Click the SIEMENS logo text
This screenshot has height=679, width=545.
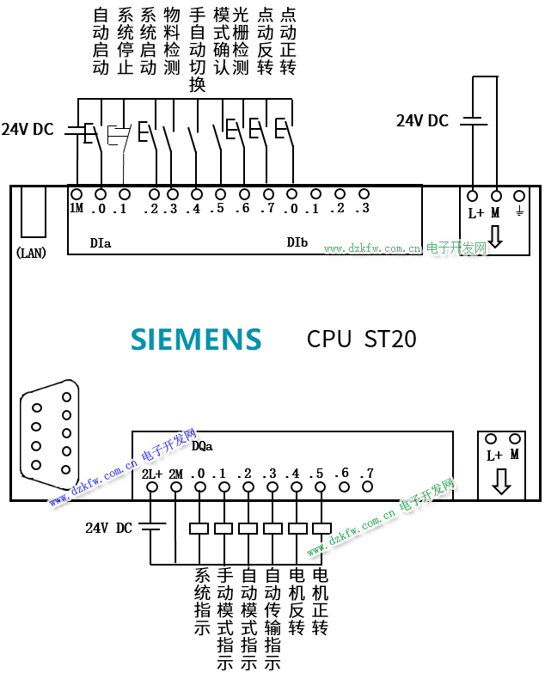pyautogui.click(x=196, y=339)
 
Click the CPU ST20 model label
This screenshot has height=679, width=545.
pyautogui.click(x=361, y=339)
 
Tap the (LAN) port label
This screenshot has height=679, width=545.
pyautogui.click(x=31, y=253)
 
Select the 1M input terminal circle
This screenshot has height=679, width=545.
pyautogui.click(x=77, y=194)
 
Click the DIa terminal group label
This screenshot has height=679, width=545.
pyautogui.click(x=101, y=243)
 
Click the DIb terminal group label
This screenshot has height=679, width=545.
pyautogui.click(x=297, y=243)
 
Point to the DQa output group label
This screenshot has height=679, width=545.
pyautogui.click(x=202, y=446)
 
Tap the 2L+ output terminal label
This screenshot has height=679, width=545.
pyautogui.click(x=152, y=474)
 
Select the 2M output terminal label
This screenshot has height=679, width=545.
pyautogui.click(x=176, y=474)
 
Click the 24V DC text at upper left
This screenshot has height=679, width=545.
pyautogui.click(x=28, y=130)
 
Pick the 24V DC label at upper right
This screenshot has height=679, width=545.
pyautogui.click(x=422, y=121)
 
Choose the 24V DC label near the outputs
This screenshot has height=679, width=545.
pyautogui.click(x=108, y=528)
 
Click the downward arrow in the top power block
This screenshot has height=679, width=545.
pyautogui.click(x=496, y=236)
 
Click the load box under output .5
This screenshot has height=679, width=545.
pyautogui.click(x=321, y=528)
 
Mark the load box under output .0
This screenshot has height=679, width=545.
pyautogui.click(x=200, y=528)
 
